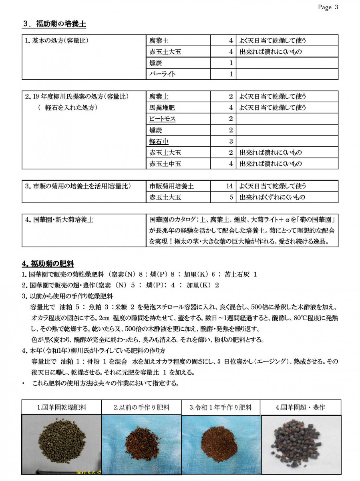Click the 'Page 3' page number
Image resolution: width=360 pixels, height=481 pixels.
tap(328, 7)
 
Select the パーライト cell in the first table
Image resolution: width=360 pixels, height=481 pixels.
tap(163, 74)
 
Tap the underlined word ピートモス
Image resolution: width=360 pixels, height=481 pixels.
tap(163, 119)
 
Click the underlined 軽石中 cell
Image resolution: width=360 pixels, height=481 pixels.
tap(159, 141)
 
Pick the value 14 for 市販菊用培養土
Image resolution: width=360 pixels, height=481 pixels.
tap(229, 186)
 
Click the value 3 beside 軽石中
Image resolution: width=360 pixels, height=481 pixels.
tap(231, 141)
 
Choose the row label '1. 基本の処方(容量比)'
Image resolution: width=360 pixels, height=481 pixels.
tap(56, 41)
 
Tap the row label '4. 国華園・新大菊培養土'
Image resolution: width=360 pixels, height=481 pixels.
tap(59, 220)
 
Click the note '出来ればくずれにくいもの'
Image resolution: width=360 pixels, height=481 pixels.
tap(272, 197)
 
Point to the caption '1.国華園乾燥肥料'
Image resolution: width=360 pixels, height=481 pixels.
tap(62, 408)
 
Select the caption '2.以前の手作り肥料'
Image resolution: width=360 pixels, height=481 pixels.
tap(141, 408)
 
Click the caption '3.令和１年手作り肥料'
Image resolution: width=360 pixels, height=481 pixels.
tap(221, 408)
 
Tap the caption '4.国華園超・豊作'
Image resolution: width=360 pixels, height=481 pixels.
tap(300, 408)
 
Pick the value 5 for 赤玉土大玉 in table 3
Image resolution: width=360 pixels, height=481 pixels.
tap(231, 197)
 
